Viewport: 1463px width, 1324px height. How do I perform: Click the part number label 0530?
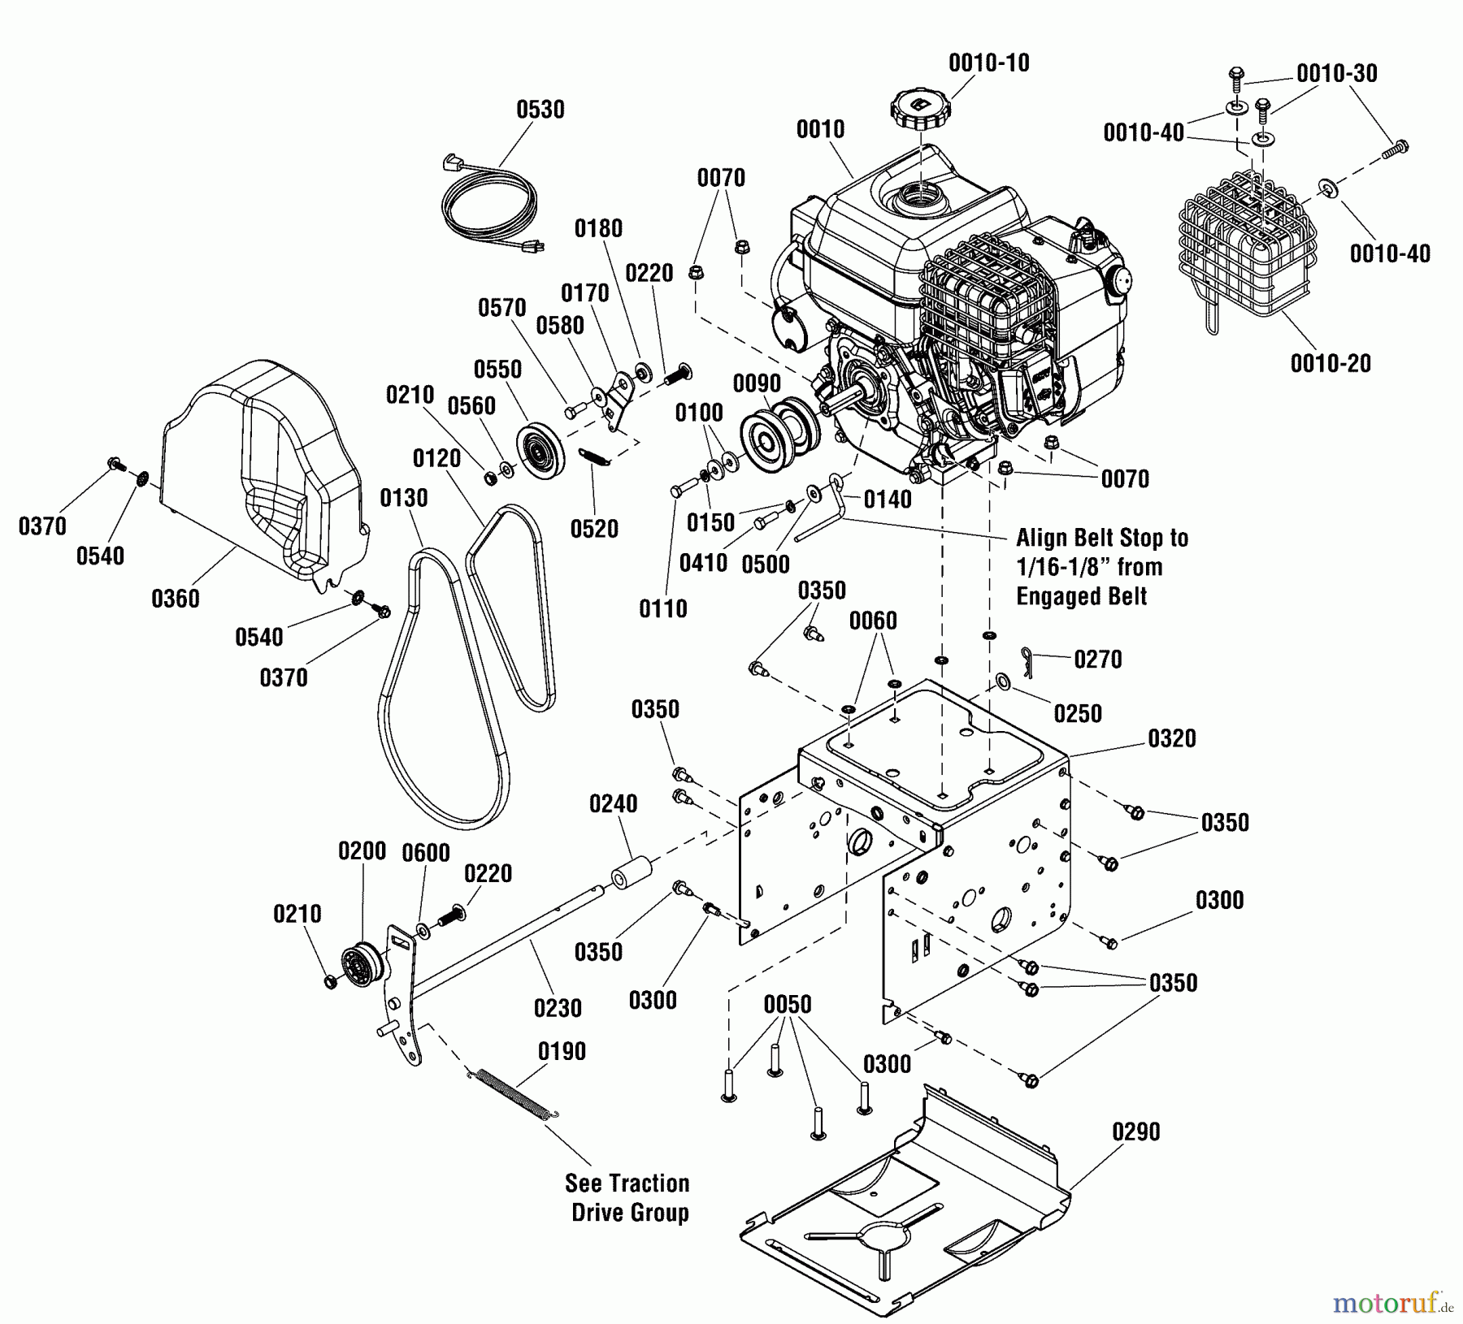(x=540, y=110)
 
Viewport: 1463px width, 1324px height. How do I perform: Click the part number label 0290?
(x=1135, y=1131)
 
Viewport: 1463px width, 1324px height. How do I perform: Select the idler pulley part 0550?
(x=539, y=448)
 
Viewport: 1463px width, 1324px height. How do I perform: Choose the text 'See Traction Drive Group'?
(x=628, y=1197)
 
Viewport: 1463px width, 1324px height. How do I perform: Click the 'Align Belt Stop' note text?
(x=1101, y=567)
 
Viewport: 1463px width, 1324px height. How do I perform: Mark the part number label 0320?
(x=1172, y=738)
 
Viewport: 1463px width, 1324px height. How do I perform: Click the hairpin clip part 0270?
(x=1031, y=654)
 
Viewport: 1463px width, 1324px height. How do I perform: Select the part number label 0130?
(x=404, y=497)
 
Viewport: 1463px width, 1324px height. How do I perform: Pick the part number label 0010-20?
(x=1331, y=363)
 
